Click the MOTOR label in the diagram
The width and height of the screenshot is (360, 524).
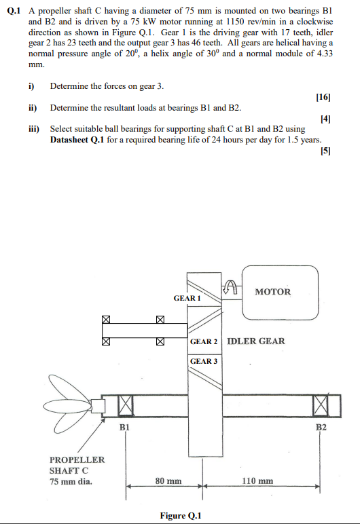tap(272, 292)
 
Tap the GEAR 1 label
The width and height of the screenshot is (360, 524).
tap(187, 298)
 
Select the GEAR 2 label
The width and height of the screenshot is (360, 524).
tap(204, 341)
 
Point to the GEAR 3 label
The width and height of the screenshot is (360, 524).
tap(204, 361)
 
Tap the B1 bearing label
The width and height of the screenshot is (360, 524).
tap(125, 428)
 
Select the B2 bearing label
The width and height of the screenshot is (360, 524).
tap(321, 428)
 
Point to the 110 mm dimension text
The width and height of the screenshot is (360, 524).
tap(258, 481)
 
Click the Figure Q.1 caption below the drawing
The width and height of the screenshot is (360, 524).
tap(180, 516)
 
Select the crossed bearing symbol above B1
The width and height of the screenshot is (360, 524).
tap(125, 405)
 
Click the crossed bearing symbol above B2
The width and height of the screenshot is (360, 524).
tap(321, 405)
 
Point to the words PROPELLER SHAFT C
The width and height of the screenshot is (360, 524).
tap(77, 465)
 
